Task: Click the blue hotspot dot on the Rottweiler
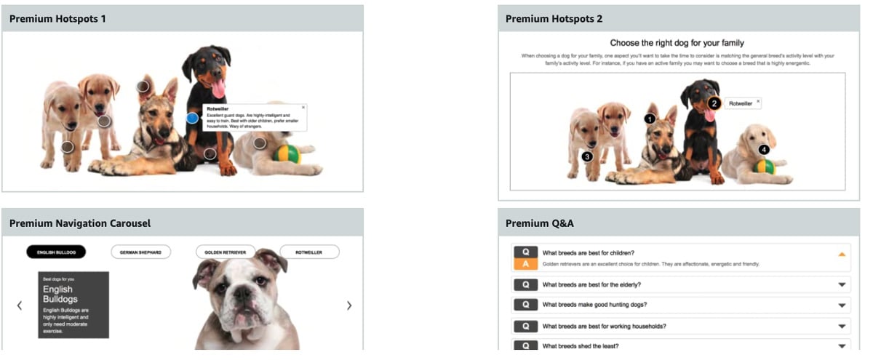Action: [192, 117]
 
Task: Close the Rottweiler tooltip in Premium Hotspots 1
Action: [303, 108]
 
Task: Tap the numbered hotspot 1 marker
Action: [650, 118]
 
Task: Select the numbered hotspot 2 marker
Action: [714, 103]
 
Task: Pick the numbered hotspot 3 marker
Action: [587, 156]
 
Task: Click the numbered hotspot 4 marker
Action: [764, 149]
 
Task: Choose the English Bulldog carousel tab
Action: [56, 252]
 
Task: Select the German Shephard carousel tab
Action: [140, 252]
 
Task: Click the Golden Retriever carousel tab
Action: [226, 252]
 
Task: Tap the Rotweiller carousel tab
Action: [309, 252]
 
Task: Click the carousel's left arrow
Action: [20, 305]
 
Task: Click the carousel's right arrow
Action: [349, 305]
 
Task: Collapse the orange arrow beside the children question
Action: [842, 254]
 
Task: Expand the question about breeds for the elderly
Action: [842, 285]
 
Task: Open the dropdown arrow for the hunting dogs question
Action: [842, 305]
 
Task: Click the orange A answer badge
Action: [525, 264]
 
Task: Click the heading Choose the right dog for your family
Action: [677, 43]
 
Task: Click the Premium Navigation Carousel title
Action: [80, 223]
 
